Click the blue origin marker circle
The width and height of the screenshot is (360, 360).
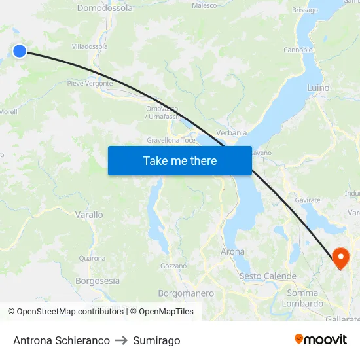coord(20,50)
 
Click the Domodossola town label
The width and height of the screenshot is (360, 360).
coord(105,9)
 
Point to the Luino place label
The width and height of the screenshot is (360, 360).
coord(318,88)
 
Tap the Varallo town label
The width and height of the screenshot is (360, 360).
coord(89,215)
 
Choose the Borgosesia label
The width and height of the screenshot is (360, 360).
coord(98,281)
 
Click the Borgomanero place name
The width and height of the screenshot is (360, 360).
coord(186,293)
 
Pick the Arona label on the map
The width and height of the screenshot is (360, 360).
coord(232,251)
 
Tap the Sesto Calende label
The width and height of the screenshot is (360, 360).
coord(268,276)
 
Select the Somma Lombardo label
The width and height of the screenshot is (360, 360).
coord(302,298)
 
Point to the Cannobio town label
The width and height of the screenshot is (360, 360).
coord(298,50)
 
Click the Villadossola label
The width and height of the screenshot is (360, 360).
coord(90,47)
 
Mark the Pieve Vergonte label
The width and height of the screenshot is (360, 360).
coord(90,84)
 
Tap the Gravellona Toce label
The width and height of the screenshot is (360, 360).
coord(171,140)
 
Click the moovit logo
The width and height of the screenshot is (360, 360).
coord(321,339)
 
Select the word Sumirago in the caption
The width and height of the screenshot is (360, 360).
coord(156,340)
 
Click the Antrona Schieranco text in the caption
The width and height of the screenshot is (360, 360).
coord(62,340)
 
